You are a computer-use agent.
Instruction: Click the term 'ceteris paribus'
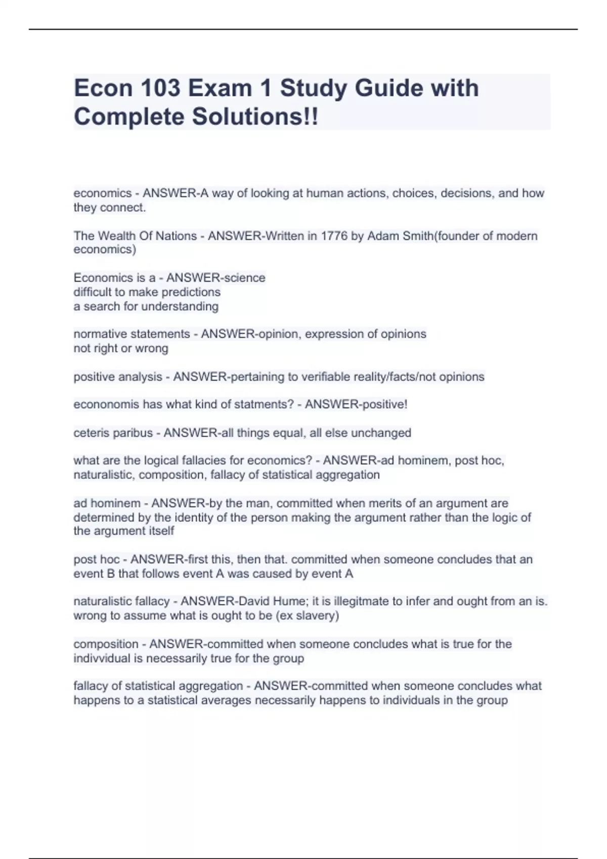coord(113,433)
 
